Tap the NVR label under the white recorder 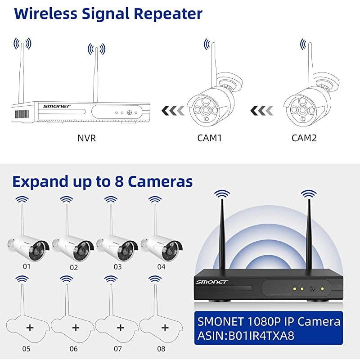(x=86, y=138)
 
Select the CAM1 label (x=210, y=138)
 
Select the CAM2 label (x=304, y=138)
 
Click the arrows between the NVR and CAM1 (x=172, y=110)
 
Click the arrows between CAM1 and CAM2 (x=263, y=110)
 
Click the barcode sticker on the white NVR (x=22, y=113)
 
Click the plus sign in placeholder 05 (x=30, y=327)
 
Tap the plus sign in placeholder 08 (x=164, y=327)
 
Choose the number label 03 (x=117, y=267)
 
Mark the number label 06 (x=74, y=349)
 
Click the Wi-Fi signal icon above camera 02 (x=66, y=199)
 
